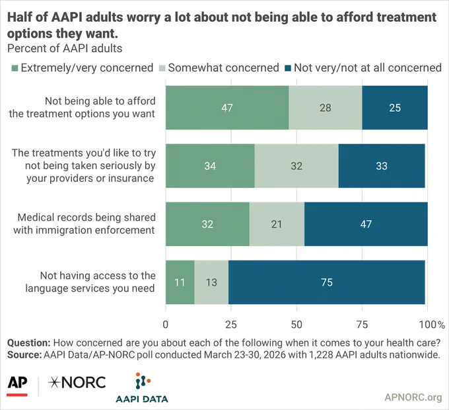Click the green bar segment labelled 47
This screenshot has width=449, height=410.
[x=227, y=108]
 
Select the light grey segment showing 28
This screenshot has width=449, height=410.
[x=326, y=108]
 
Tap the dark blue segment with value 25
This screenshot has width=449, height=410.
[x=395, y=108]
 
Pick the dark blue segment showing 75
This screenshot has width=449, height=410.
[x=327, y=282]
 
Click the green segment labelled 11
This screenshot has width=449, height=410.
[x=180, y=282]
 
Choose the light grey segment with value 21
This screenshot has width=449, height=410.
[x=277, y=224]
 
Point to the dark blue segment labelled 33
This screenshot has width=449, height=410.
[x=382, y=166]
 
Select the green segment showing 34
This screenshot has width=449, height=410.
[x=210, y=166]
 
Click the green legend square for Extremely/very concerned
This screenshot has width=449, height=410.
[x=15, y=68]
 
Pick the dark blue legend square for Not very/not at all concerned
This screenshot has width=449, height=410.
[x=288, y=68]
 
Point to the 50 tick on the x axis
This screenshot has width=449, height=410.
[x=296, y=325]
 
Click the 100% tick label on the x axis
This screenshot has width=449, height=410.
[x=432, y=325]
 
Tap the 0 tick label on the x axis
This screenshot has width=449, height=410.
[x=166, y=325]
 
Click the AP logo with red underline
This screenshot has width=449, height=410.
[x=17, y=386]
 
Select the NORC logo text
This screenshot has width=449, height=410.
[x=77, y=382]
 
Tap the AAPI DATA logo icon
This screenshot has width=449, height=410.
[x=143, y=381]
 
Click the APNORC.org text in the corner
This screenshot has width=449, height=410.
[x=413, y=397]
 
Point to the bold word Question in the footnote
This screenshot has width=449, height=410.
[x=29, y=343]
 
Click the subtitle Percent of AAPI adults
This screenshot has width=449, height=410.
[x=65, y=48]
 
